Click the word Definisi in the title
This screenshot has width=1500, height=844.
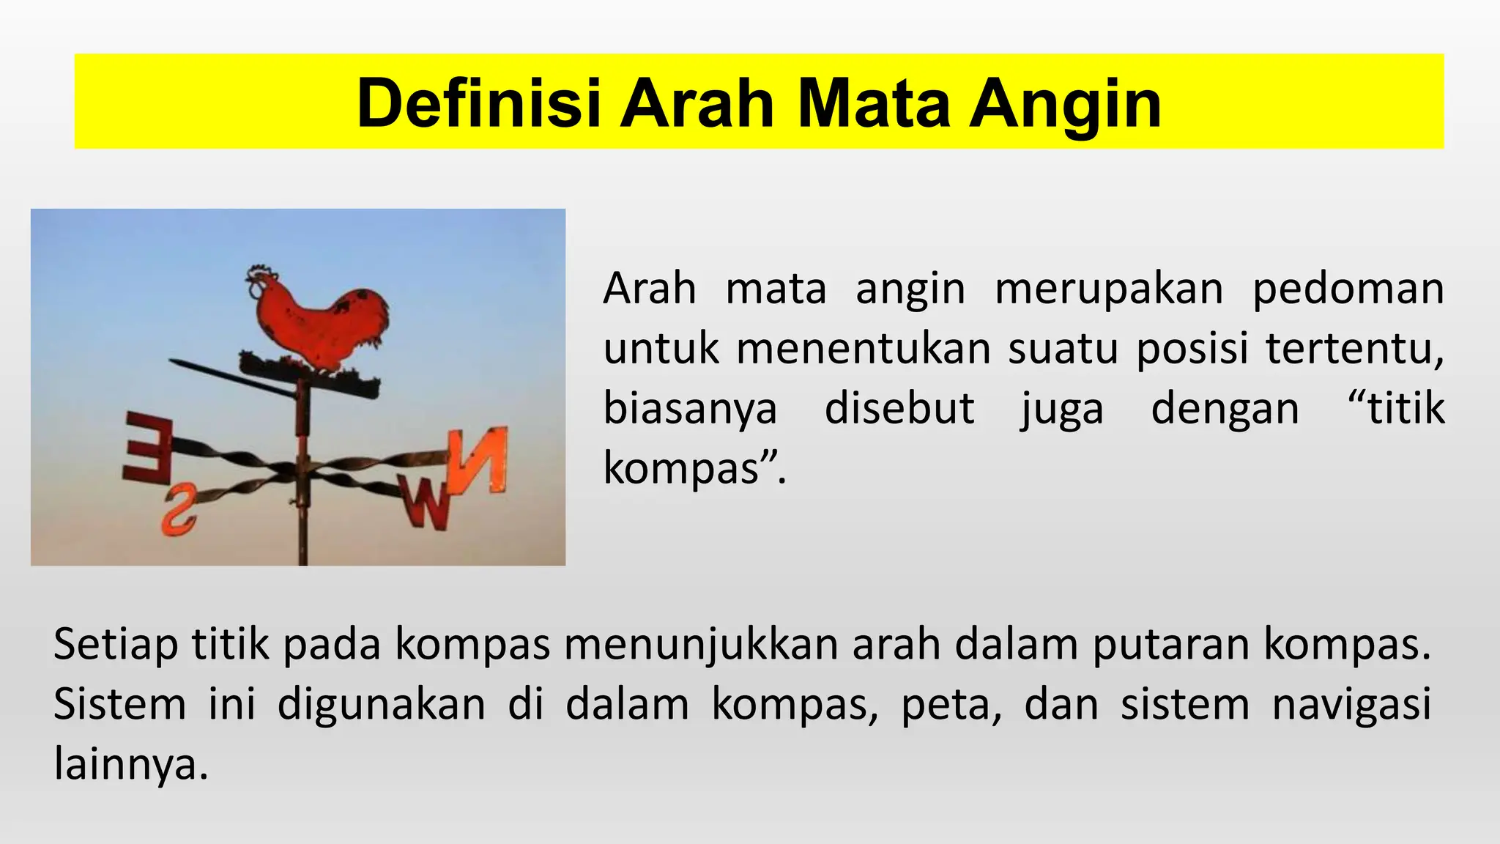click(478, 104)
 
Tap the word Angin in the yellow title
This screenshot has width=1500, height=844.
click(1066, 104)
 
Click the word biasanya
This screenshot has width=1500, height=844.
click(690, 409)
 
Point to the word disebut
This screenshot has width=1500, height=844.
click(899, 408)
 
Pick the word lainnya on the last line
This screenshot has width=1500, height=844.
click(130, 765)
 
